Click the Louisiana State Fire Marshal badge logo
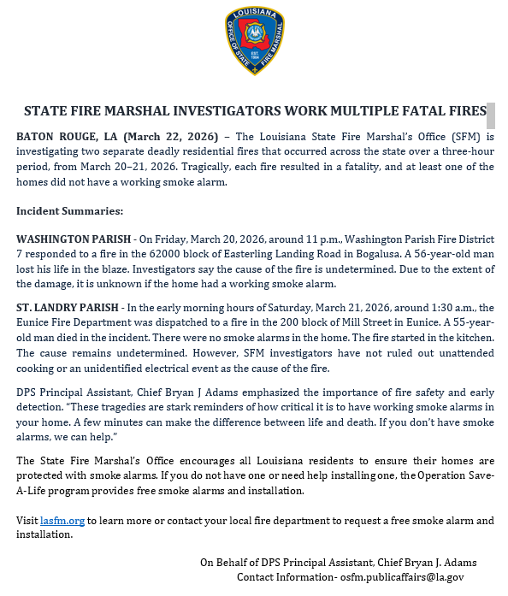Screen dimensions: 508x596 [254, 40]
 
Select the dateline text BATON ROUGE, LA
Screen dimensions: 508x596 [66, 136]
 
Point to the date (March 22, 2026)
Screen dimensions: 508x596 [172, 136]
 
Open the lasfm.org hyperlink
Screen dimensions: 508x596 [62, 521]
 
